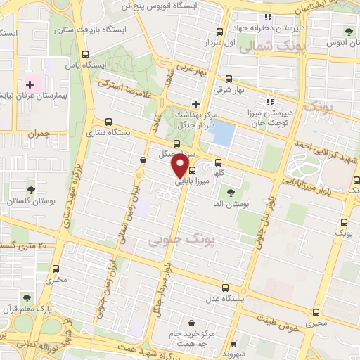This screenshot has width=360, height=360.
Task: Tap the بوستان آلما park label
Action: [x=231, y=203]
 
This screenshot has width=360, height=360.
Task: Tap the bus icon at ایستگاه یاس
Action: [x=85, y=54]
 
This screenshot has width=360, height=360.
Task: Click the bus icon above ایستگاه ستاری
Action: [x=108, y=120]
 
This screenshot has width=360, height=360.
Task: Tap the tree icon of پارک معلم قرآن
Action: [x=25, y=298]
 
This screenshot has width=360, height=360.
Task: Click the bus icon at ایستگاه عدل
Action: [x=225, y=288]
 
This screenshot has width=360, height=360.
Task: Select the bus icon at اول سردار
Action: [x=220, y=32]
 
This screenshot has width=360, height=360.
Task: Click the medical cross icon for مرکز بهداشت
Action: [x=195, y=103]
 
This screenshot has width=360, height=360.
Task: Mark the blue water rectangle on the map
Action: [x=221, y=133]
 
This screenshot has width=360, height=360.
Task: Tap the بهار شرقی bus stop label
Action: [x=229, y=91]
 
